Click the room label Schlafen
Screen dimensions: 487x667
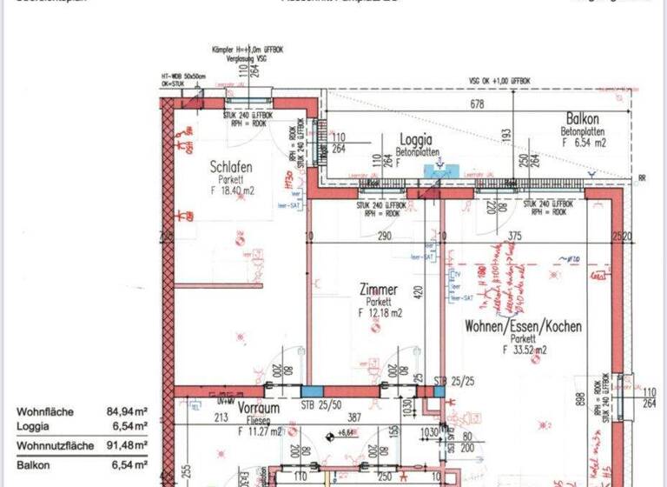[x=231, y=167]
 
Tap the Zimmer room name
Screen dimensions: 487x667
[x=379, y=290]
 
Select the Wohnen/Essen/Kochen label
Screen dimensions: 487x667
[x=523, y=327]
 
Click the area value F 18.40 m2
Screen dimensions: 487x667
[x=230, y=190]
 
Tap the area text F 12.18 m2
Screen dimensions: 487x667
[x=379, y=312]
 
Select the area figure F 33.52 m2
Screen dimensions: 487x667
[x=525, y=350]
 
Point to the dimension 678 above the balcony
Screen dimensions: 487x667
[x=477, y=104]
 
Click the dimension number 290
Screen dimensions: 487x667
[x=385, y=237]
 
